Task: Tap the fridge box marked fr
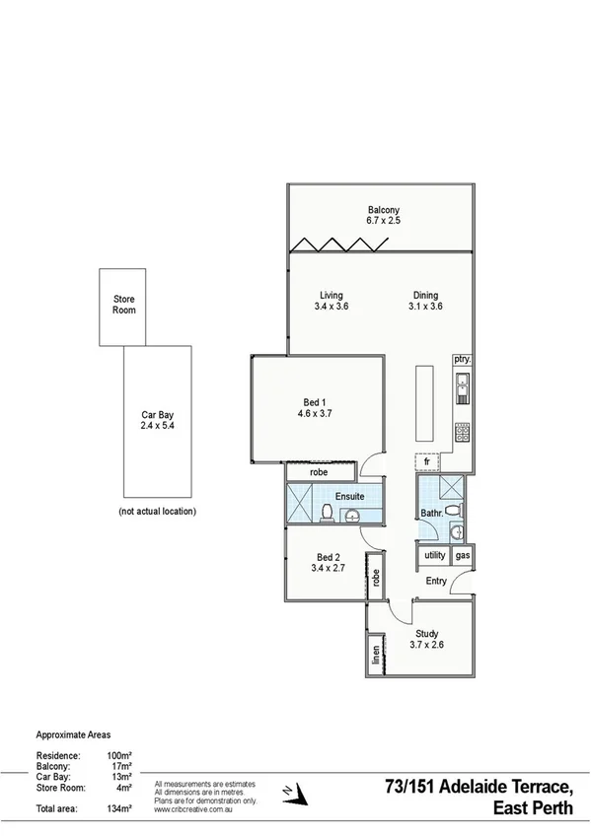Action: [x=427, y=461]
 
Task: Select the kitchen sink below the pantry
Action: [x=462, y=392]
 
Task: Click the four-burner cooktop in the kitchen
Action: [x=462, y=431]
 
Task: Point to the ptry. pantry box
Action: [x=462, y=360]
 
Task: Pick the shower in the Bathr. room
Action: [x=453, y=487]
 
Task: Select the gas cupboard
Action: [x=463, y=556]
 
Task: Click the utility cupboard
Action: [x=434, y=556]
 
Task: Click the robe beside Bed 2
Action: [x=376, y=578]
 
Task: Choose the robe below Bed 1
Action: [x=318, y=473]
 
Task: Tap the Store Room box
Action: [x=123, y=306]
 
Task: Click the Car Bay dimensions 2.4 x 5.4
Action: [x=157, y=428]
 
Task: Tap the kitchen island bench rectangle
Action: [x=425, y=405]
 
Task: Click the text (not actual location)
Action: [x=157, y=512]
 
